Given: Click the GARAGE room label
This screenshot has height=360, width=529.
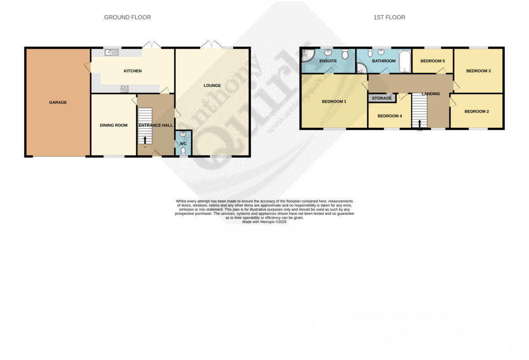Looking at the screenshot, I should pyautogui.click(x=58, y=102).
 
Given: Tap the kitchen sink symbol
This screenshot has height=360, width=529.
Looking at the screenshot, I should pyautogui.click(x=112, y=52).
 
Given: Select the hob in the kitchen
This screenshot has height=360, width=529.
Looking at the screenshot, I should pyautogui.click(x=124, y=89).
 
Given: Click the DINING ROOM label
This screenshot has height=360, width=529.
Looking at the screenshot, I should pyautogui.click(x=113, y=125).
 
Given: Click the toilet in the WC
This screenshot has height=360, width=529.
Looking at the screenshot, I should pyautogui.click(x=183, y=150).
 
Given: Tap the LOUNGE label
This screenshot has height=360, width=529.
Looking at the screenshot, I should pyautogui.click(x=212, y=86).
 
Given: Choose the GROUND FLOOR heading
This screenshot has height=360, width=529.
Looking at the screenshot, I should pyautogui.click(x=127, y=18).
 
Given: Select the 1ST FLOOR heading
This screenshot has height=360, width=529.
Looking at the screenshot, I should pyautogui.click(x=389, y=18).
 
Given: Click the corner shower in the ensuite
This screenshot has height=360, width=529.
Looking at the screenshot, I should pyautogui.click(x=306, y=55).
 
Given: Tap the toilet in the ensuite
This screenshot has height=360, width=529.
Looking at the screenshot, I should pyautogui.click(x=345, y=54).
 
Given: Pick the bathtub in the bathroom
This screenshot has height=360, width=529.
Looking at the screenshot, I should pyautogui.click(x=405, y=61).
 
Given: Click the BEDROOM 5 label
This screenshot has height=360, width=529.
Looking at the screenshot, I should pyautogui.click(x=432, y=61).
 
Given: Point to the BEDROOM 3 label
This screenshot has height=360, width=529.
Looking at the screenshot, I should pyautogui.click(x=478, y=71).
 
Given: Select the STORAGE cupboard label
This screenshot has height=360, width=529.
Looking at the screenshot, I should pyautogui.click(x=382, y=98).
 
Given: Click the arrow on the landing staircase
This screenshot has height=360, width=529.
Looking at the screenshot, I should pyautogui.click(x=419, y=124).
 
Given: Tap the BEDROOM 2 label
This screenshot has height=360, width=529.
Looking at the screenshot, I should pyautogui.click(x=477, y=112).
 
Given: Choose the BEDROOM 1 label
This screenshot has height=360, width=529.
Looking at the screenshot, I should pyautogui.click(x=334, y=101).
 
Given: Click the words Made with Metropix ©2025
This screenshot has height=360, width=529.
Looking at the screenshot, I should pyautogui.click(x=264, y=222).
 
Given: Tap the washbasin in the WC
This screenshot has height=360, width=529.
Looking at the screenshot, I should pyautogui.click(x=183, y=134).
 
